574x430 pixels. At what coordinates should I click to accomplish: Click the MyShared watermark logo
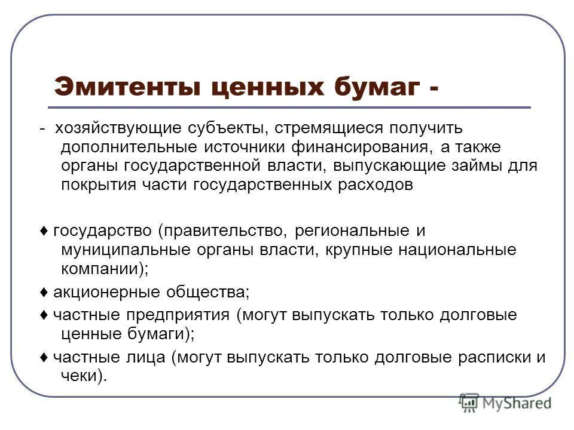505,403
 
